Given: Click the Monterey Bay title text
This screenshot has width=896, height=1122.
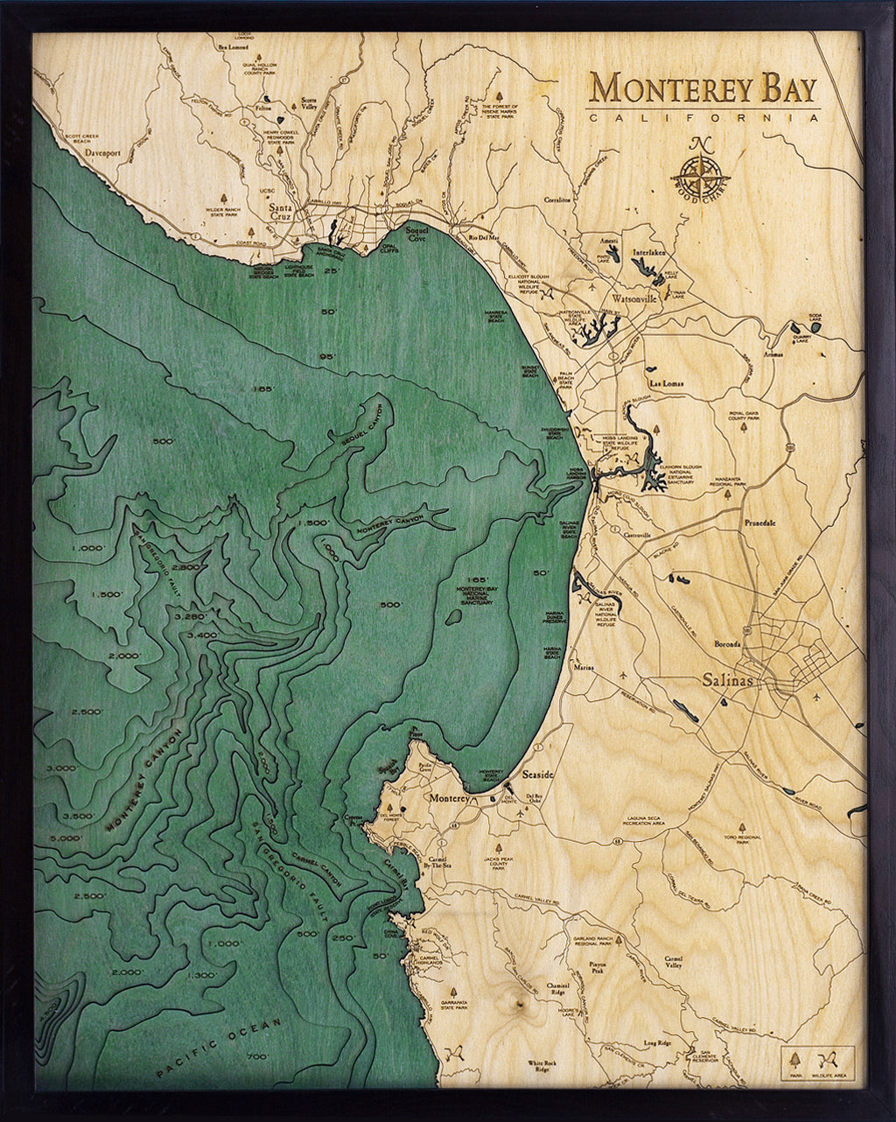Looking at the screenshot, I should coord(703,88).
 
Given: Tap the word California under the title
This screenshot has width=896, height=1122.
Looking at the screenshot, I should coord(703,117).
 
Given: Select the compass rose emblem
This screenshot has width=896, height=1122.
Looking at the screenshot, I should coord(697,169).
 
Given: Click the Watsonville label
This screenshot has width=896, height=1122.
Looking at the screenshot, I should coord(634,298).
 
